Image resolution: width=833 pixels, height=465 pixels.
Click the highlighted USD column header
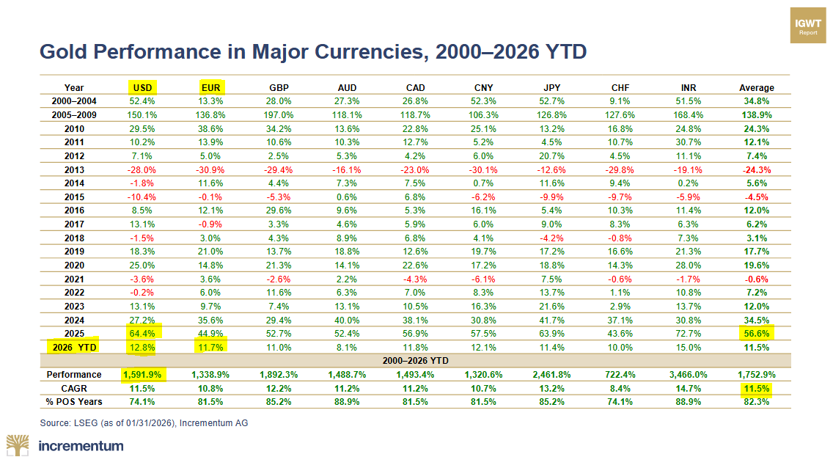coord(142,87)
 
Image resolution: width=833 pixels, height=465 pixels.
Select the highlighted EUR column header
coord(211,87)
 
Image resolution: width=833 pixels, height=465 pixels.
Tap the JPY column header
coord(552,87)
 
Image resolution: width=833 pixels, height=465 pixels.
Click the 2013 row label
coord(74,169)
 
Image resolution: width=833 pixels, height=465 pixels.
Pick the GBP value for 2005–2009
coord(279,115)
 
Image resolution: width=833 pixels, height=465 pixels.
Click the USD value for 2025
coord(142,332)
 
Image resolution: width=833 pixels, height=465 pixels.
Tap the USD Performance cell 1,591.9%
coord(142,374)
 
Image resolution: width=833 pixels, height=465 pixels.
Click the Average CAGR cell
coord(756,388)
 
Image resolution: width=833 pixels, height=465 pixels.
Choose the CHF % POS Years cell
coord(620,401)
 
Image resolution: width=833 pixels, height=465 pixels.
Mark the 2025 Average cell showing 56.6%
coord(756,332)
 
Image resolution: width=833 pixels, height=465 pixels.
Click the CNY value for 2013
coord(484,169)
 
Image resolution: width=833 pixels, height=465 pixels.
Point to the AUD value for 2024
coord(348,319)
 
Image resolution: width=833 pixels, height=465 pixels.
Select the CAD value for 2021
coord(416,278)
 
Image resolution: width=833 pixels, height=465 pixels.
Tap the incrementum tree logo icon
coord(19,445)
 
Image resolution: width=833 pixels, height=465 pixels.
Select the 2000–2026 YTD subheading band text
coord(415,360)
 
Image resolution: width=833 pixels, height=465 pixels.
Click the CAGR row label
coord(74,388)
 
